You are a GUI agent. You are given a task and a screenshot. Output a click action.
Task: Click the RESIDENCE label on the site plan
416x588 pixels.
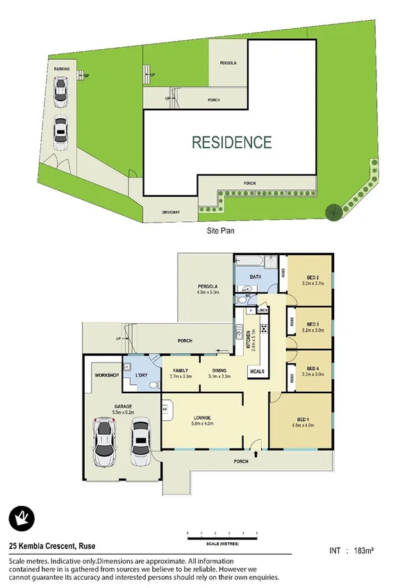(x=231, y=143)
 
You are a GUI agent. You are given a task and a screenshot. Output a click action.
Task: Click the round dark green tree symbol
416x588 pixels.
(x=333, y=211)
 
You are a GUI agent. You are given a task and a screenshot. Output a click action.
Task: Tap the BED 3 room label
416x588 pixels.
(x=312, y=324)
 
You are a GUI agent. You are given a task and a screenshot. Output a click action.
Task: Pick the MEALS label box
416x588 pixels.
(x=257, y=372)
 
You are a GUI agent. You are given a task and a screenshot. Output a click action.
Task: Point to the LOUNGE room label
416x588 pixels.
(x=201, y=417)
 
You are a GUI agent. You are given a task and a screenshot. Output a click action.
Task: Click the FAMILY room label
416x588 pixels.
(x=181, y=370)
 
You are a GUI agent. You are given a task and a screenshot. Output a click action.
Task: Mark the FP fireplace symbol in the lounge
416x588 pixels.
(x=166, y=410)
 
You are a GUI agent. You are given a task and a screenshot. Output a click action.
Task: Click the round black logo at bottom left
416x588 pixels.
(x=22, y=517)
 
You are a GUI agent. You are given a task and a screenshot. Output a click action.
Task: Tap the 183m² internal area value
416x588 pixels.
(x=365, y=551)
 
